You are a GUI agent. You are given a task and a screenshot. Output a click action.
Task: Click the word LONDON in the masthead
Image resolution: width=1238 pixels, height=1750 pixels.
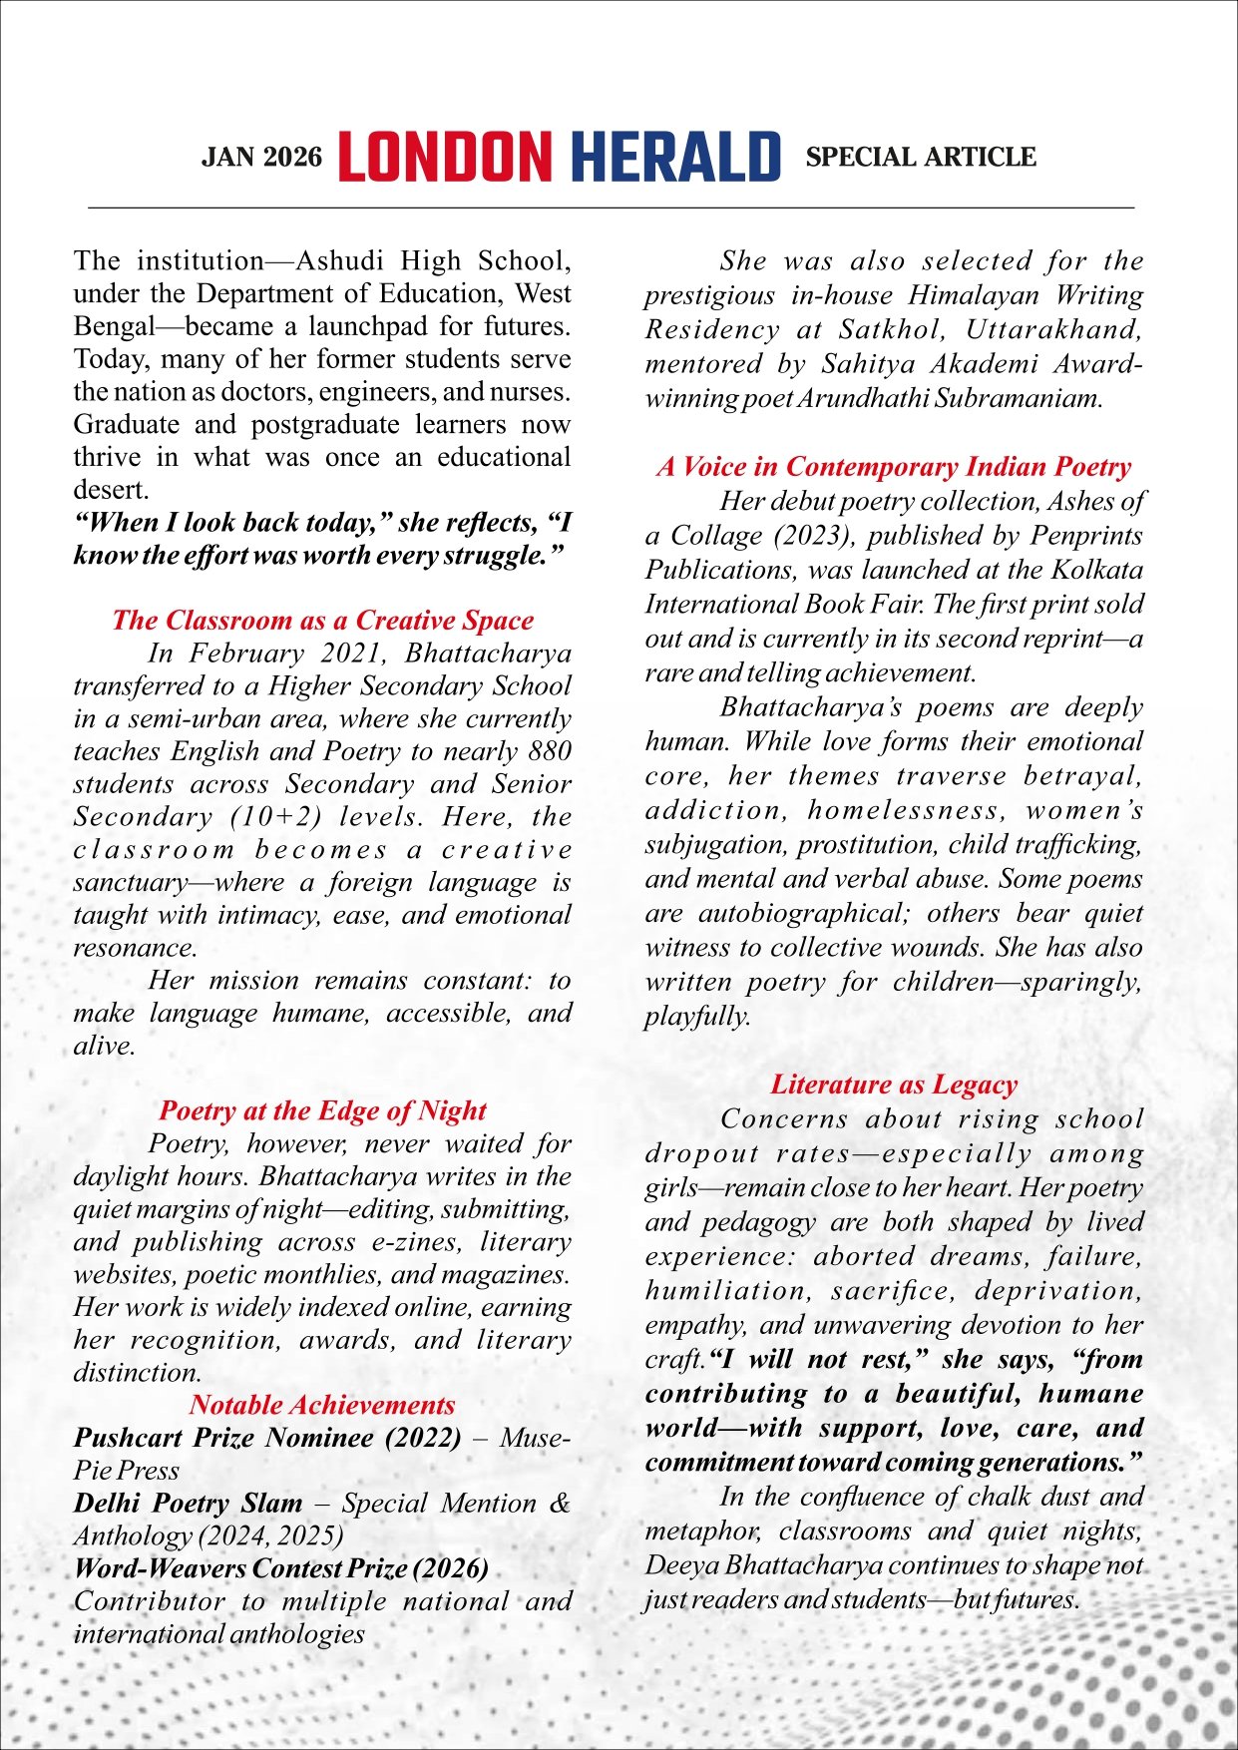[444, 157]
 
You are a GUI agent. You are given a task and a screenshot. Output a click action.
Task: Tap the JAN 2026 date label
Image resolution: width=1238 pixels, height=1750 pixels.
[262, 158]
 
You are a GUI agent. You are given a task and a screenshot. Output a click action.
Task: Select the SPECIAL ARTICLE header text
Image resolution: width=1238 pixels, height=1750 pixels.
[921, 158]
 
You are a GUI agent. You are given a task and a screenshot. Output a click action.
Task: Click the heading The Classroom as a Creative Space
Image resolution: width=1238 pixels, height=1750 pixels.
[322, 621]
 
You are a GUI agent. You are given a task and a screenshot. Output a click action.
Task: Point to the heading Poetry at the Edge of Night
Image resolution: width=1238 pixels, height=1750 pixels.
[322, 1110]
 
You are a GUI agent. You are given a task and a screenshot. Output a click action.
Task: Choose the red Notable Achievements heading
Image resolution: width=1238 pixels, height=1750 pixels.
[322, 1405]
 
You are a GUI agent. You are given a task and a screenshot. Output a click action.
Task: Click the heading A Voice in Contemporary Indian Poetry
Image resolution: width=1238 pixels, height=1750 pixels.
[894, 467]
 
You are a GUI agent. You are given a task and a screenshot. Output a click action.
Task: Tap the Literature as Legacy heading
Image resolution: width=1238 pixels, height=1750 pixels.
[894, 1085]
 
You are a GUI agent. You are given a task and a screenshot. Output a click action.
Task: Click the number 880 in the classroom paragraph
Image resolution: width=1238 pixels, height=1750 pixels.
[550, 751]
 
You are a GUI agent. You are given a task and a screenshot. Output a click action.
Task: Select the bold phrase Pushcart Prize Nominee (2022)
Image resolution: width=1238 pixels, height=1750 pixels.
[267, 1438]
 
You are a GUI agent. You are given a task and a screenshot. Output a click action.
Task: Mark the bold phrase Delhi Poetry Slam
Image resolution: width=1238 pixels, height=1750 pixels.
[188, 1504]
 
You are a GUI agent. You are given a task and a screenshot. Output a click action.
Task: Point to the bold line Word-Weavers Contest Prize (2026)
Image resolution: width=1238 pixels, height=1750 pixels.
[281, 1568]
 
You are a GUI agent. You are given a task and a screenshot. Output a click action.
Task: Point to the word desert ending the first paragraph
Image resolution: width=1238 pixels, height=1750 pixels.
[109, 490]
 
